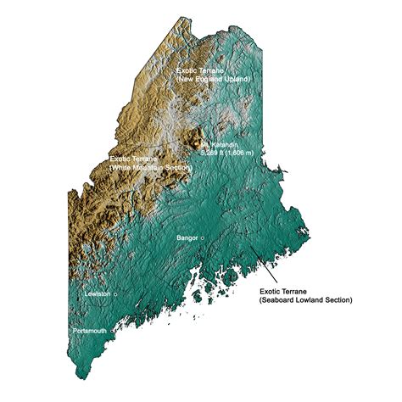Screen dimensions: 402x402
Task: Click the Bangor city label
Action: (x=187, y=238)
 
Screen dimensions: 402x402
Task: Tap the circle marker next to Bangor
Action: (x=203, y=238)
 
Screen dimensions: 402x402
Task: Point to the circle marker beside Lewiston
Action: (x=115, y=293)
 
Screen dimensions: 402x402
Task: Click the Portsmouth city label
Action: (x=89, y=330)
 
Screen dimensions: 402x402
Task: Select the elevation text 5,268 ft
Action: (x=212, y=154)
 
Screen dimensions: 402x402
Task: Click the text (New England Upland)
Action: (x=214, y=79)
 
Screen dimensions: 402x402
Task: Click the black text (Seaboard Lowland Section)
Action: (x=305, y=300)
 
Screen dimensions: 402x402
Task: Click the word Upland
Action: (x=237, y=79)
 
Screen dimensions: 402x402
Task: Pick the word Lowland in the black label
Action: (x=311, y=300)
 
